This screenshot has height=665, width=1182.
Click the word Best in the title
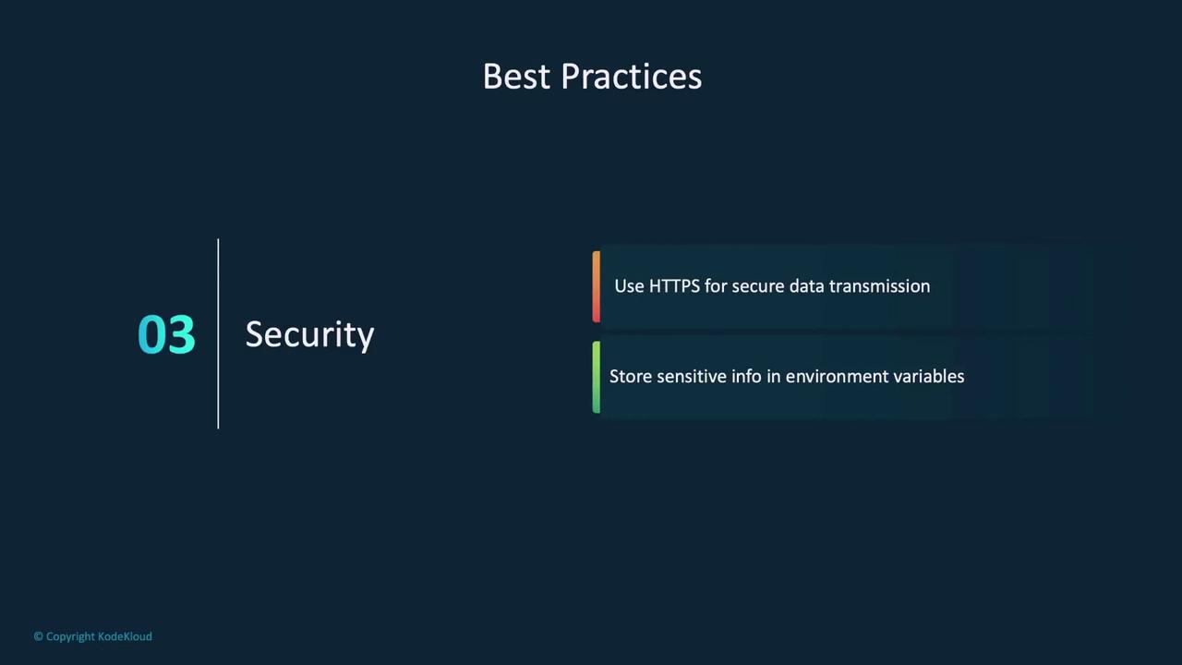click(516, 77)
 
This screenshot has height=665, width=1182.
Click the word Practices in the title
click(631, 77)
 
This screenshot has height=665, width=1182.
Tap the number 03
click(166, 334)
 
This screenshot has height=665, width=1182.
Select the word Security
click(309, 334)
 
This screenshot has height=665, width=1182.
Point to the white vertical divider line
click(218, 333)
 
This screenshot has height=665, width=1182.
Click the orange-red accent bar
click(597, 286)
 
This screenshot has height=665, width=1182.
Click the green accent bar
click(597, 377)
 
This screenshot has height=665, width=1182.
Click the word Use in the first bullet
click(629, 286)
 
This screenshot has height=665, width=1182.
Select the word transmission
click(880, 286)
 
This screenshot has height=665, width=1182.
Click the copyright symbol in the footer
click(39, 636)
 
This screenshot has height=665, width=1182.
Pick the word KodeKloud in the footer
click(125, 636)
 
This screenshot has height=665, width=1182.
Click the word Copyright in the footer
click(70, 637)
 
